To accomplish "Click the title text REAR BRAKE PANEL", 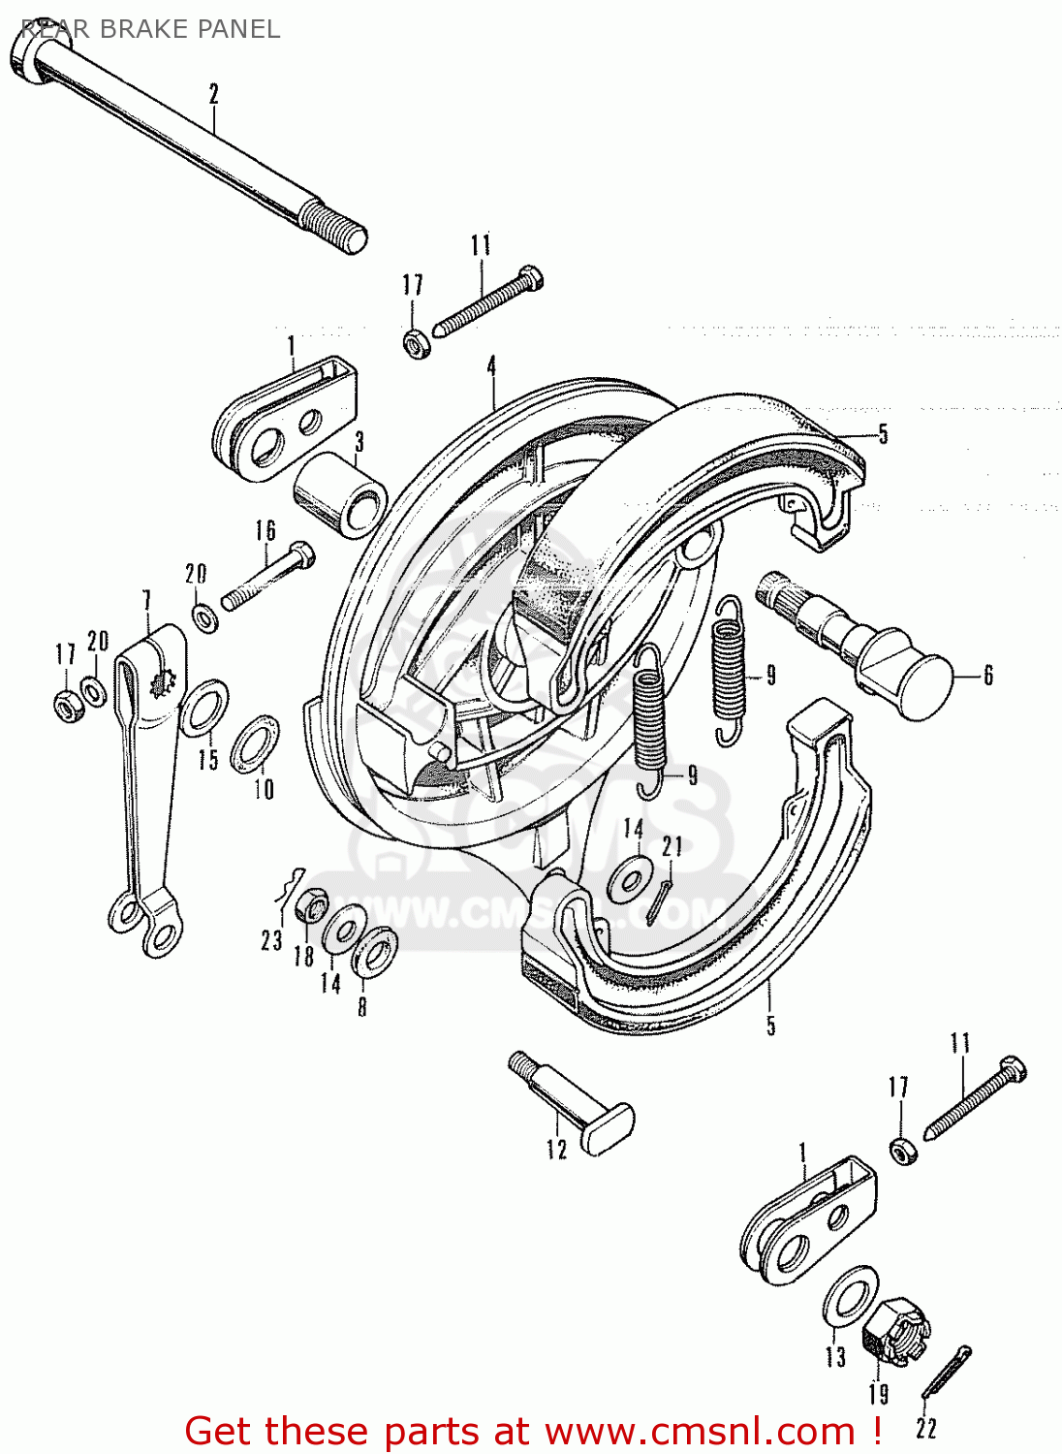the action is pyautogui.click(x=150, y=29).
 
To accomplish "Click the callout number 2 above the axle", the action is pyautogui.click(x=214, y=94).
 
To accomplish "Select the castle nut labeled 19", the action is pyautogui.click(x=895, y=1334).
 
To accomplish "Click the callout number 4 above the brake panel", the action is pyautogui.click(x=492, y=366).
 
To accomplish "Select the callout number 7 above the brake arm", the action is pyautogui.click(x=146, y=601).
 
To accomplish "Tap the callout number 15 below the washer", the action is pyautogui.click(x=208, y=758).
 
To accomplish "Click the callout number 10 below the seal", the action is pyautogui.click(x=264, y=789).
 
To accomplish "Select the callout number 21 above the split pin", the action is pyautogui.click(x=672, y=846).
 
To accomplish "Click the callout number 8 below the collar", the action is pyautogui.click(x=362, y=1005).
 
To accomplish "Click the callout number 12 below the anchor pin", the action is pyautogui.click(x=556, y=1150).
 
